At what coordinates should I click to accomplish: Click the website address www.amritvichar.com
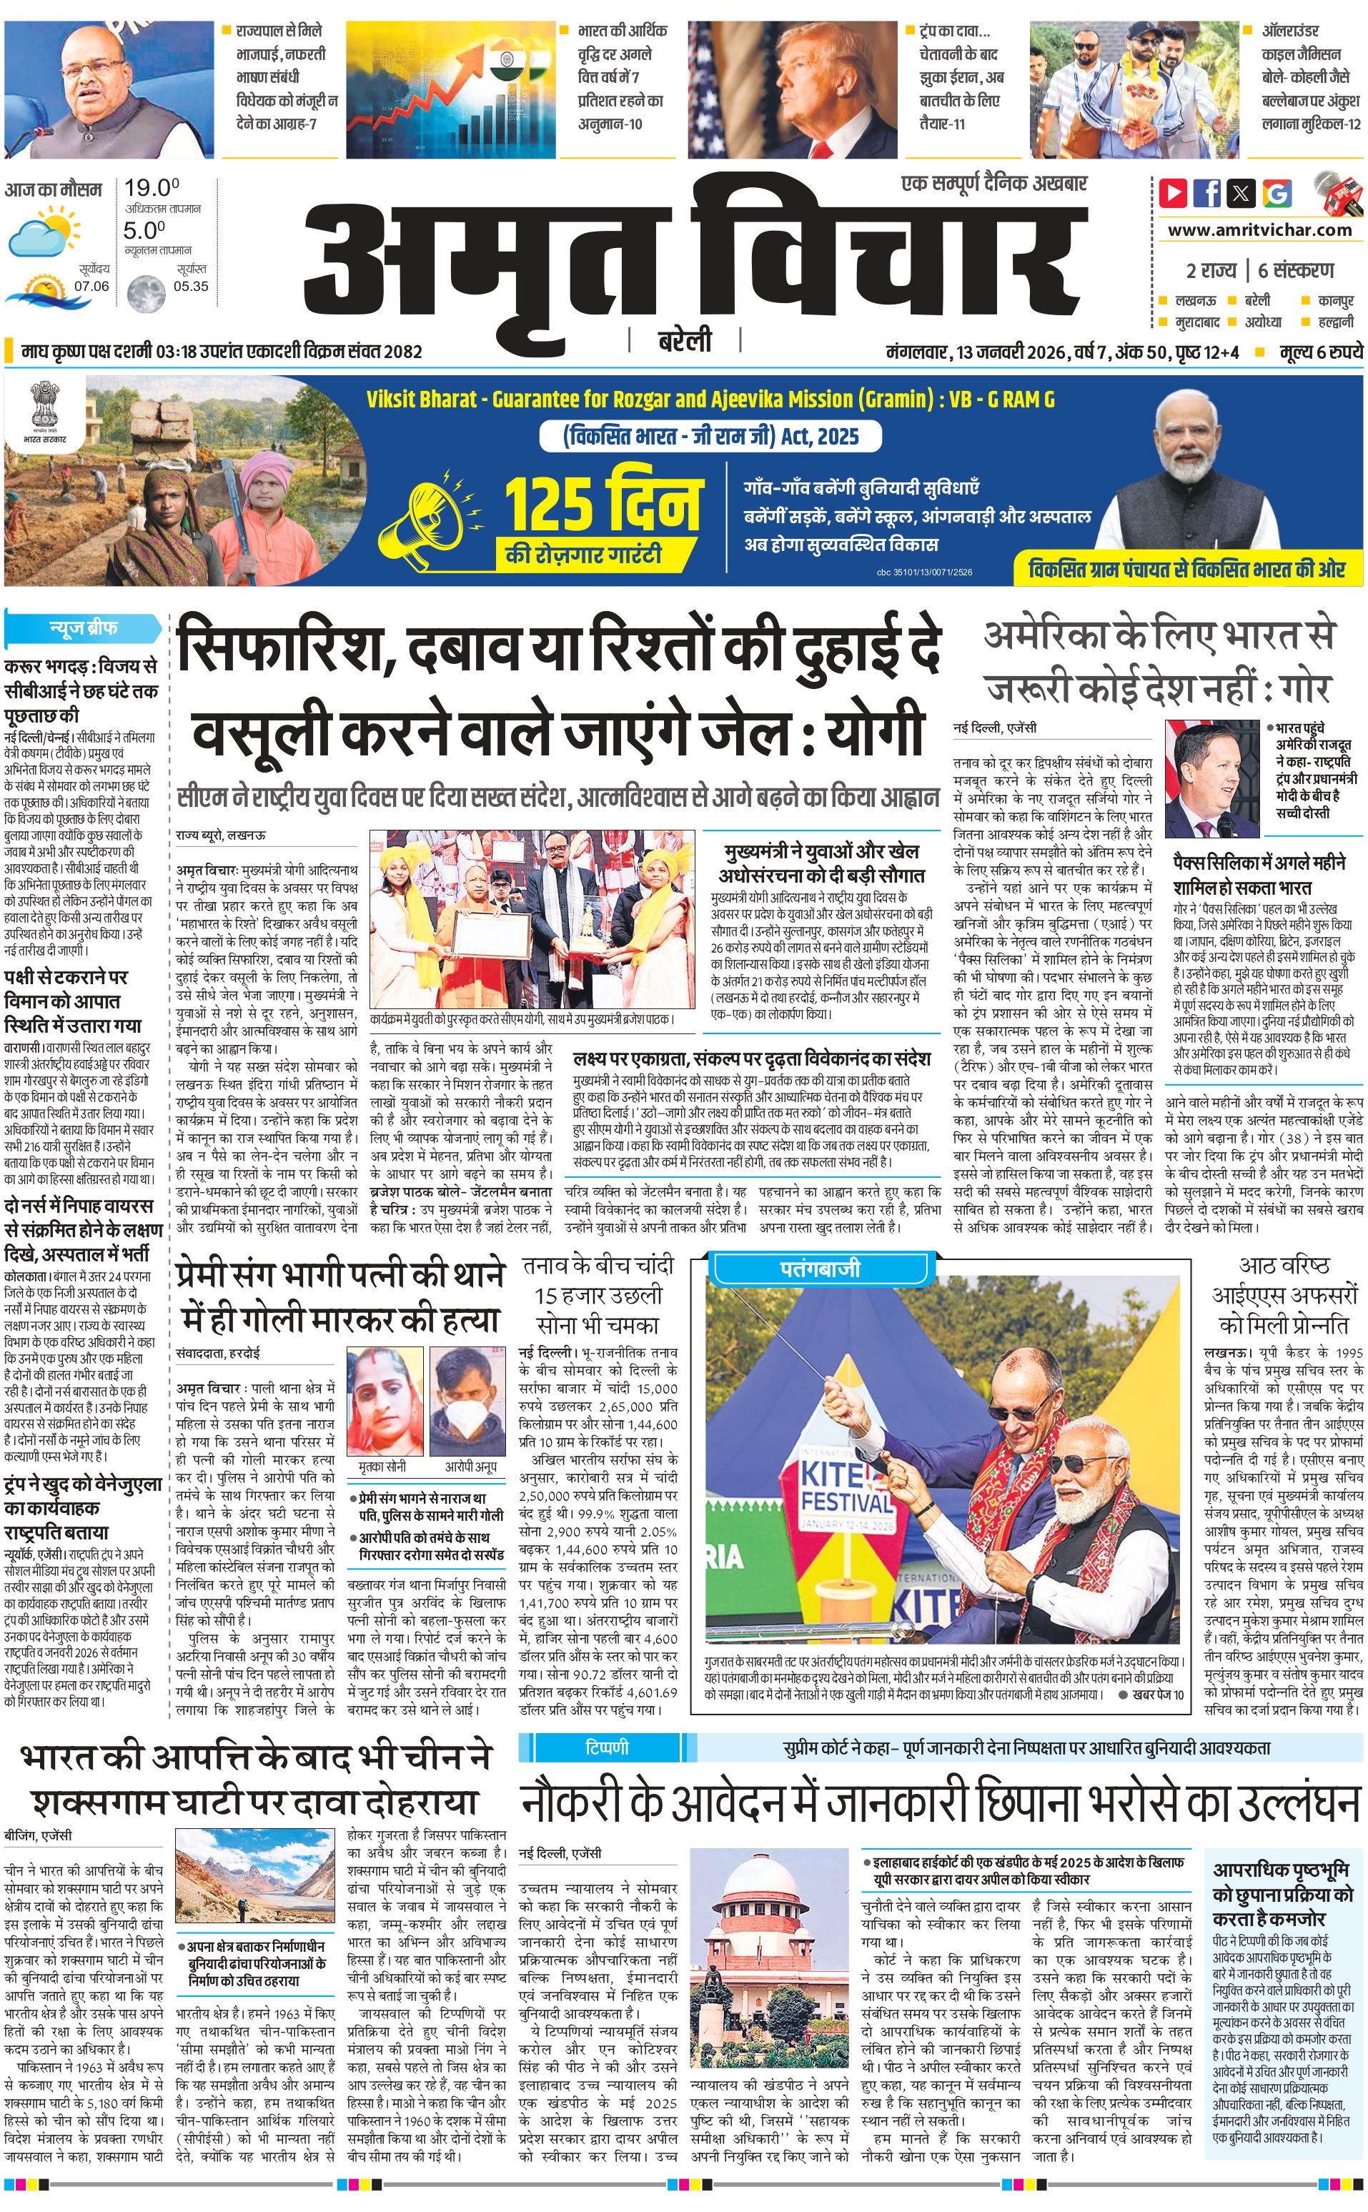coord(1259,230)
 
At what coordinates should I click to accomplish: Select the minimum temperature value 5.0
coord(145,231)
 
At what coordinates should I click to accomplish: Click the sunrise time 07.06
coord(91,286)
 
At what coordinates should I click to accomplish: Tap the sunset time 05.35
coord(191,286)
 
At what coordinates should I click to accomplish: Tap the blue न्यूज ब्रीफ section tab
coord(83,627)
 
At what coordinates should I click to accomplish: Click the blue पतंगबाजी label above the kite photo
coord(820,1269)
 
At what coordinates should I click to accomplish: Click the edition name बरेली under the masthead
coord(684,340)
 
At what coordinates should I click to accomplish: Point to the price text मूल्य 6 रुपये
coord(1320,351)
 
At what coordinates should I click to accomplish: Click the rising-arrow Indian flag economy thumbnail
coord(450,77)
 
